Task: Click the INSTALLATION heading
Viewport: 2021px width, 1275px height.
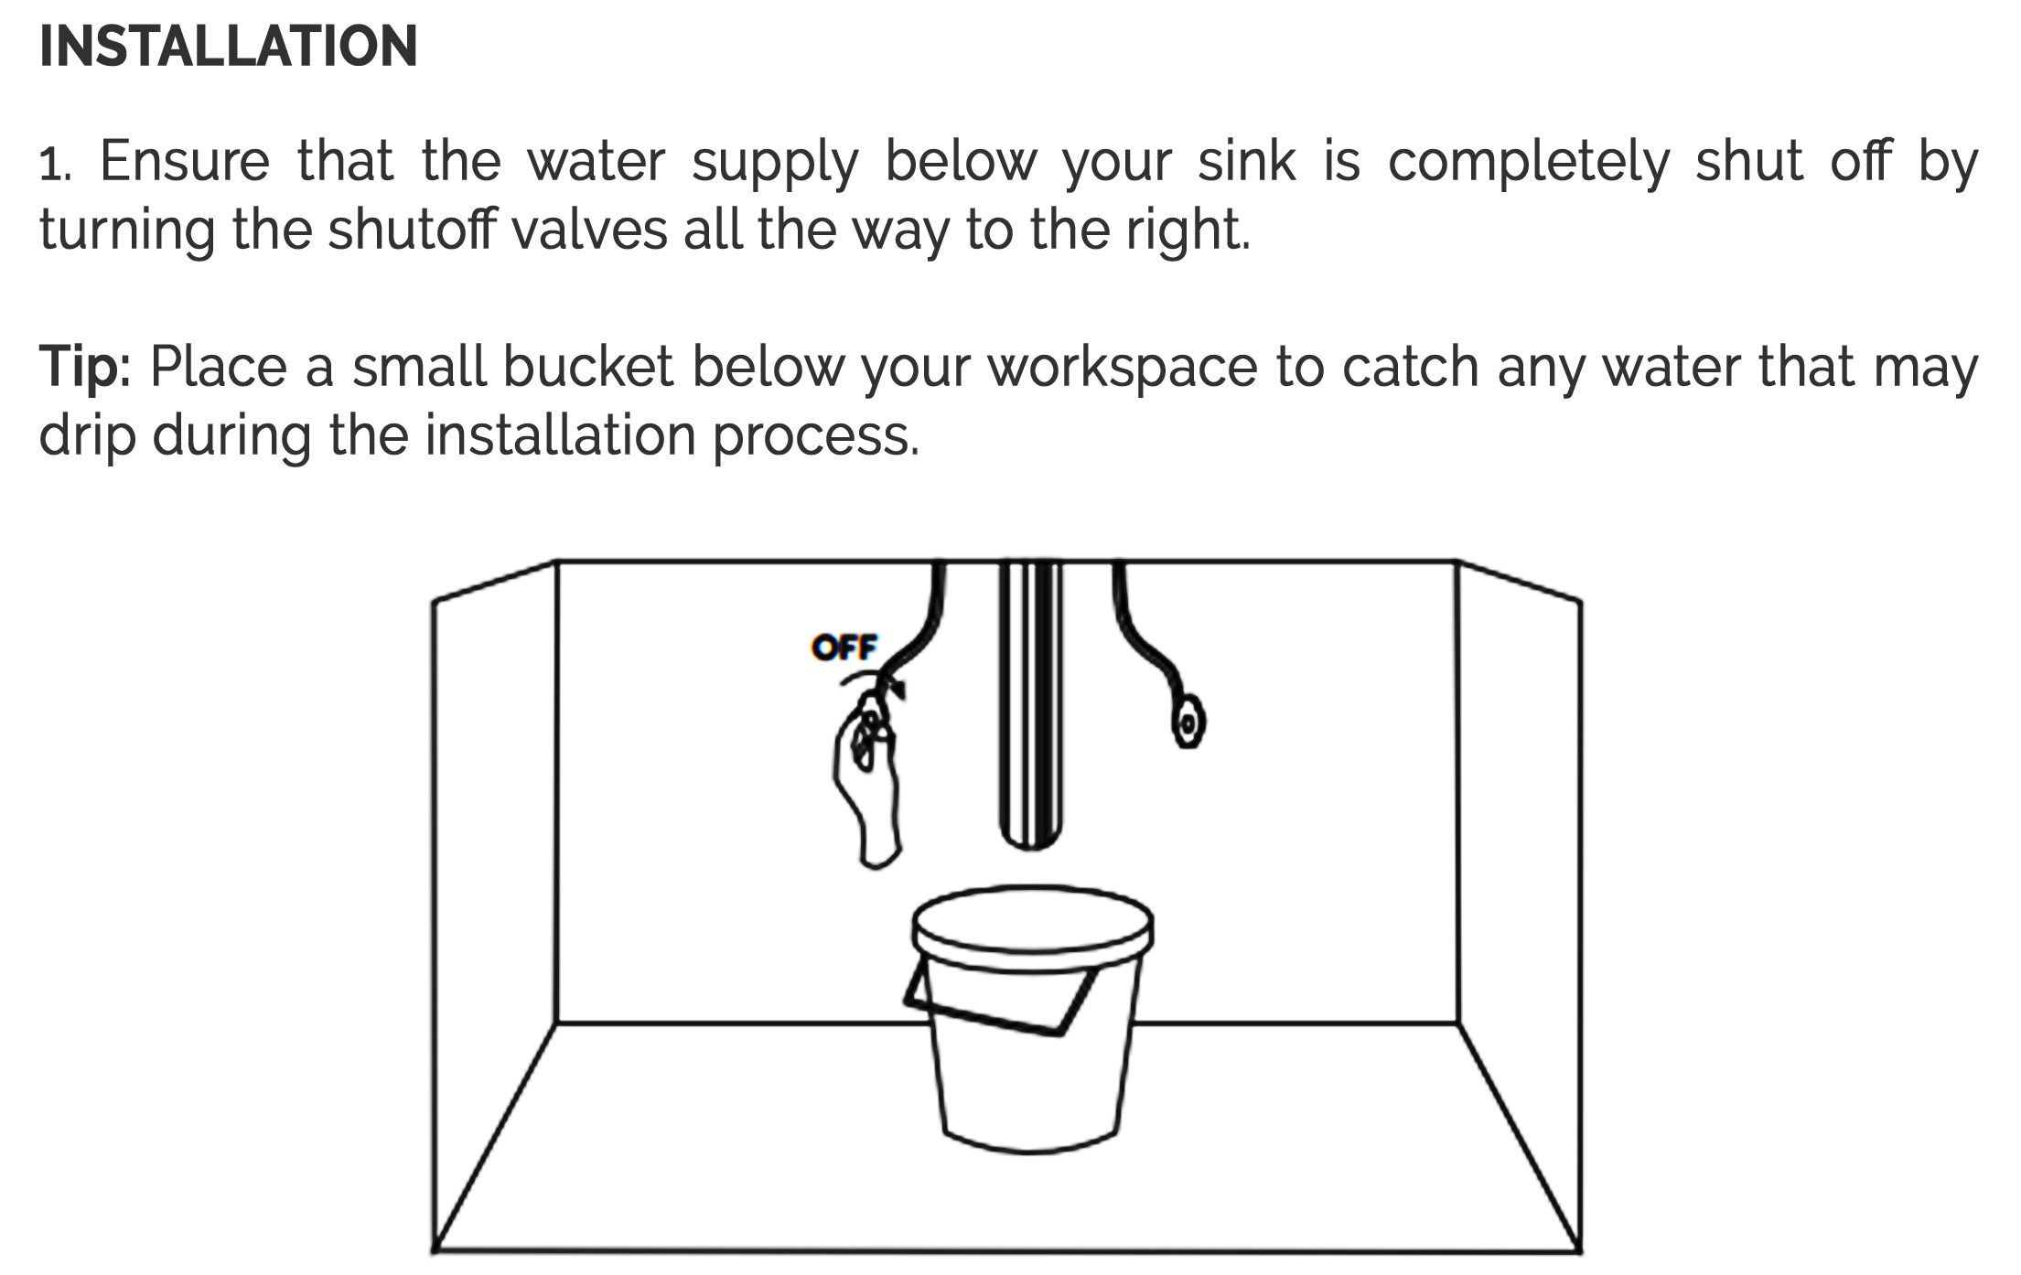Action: [229, 46]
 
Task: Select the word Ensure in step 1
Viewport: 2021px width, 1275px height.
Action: [185, 161]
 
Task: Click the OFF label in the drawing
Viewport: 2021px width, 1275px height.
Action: [844, 648]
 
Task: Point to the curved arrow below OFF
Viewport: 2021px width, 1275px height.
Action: [874, 681]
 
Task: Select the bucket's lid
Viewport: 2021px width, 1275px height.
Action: [1032, 925]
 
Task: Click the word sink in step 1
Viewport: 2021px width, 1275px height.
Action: [1247, 161]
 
